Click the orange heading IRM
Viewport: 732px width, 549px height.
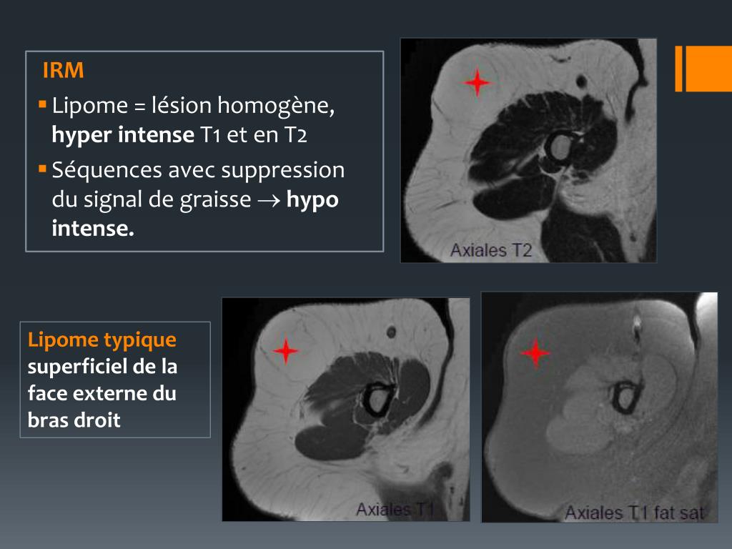pos(63,70)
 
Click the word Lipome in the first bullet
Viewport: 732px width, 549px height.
pos(89,106)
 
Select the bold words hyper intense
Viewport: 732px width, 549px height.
pos(123,134)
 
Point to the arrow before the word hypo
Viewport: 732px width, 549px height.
pos(269,200)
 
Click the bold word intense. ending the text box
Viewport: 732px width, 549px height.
pos(93,228)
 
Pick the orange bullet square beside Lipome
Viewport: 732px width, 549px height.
pos(42,104)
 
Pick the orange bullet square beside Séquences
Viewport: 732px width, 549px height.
pos(42,168)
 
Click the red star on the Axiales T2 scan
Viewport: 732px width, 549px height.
pos(477,83)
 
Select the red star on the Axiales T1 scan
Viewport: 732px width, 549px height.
pos(285,350)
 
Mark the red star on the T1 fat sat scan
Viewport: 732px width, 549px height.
pos(535,352)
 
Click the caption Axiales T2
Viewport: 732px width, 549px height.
pos(491,251)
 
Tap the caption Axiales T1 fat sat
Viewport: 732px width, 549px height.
pos(635,513)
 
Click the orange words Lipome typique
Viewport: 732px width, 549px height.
pos(102,340)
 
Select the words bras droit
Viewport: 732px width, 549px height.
pos(74,420)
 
